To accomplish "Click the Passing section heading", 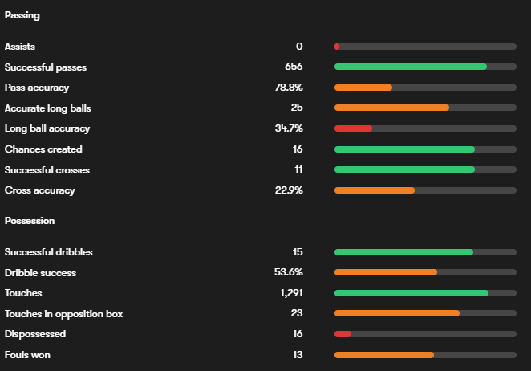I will tap(22, 15).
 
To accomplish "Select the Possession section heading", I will tap(30, 220).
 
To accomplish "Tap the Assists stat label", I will tap(20, 47).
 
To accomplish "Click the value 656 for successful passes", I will tap(294, 67).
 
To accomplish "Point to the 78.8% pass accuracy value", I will tap(289, 88).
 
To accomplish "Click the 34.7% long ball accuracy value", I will tap(289, 128).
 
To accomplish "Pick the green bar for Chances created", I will tap(404, 149).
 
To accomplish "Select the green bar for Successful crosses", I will tap(404, 170).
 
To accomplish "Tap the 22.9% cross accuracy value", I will tap(289, 190).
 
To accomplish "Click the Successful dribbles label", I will tap(49, 252).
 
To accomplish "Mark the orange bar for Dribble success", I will tap(386, 272).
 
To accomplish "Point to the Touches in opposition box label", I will tap(64, 313).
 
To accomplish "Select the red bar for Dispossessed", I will tap(343, 334).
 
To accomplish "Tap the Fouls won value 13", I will tap(298, 355).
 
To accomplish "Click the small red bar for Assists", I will tap(337, 47).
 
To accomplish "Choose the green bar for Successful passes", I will tap(411, 67).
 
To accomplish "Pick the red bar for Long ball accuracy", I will tap(353, 128).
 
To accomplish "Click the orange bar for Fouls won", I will tap(384, 355).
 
